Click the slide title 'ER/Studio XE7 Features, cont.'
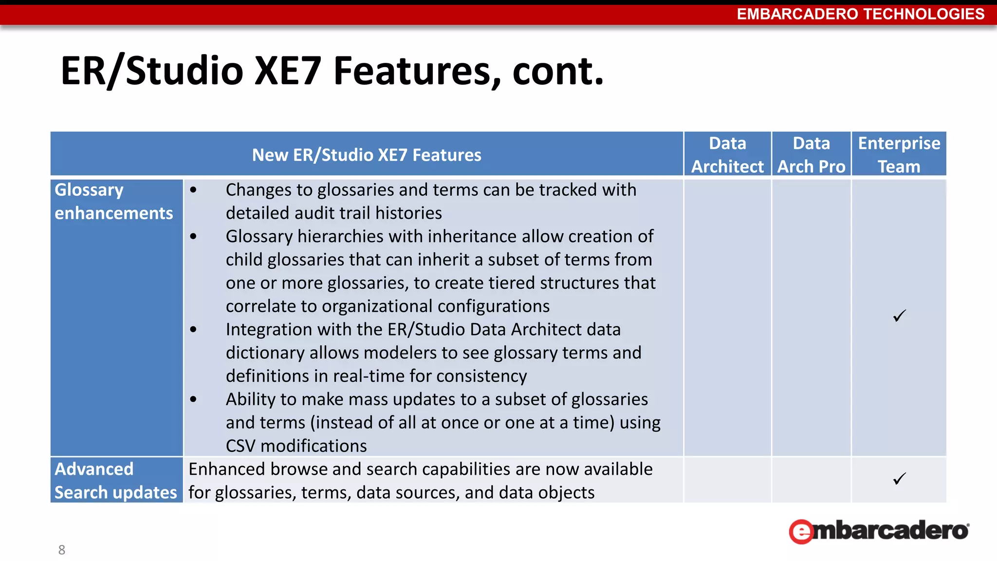click(332, 71)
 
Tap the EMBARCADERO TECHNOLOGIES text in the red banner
click(860, 14)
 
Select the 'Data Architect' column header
click(727, 154)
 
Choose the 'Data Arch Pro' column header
click(811, 154)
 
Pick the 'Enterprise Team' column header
click(899, 154)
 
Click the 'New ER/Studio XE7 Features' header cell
click(367, 155)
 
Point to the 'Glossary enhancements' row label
click(113, 201)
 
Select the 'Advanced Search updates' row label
click(115, 481)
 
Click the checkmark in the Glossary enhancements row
click(899, 316)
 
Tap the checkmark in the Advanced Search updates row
click(899, 479)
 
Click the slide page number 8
click(62, 550)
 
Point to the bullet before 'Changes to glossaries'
click(194, 190)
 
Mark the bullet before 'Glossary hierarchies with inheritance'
click(194, 237)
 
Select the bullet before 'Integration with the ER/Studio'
click(194, 330)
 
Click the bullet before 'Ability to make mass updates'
click(194, 399)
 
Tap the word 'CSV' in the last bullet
click(241, 446)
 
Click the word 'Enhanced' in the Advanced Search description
click(227, 469)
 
